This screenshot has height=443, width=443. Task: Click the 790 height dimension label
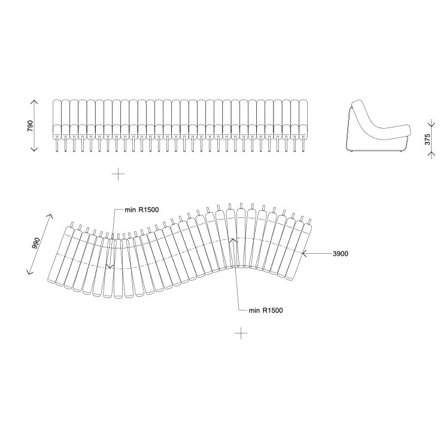tap(31, 126)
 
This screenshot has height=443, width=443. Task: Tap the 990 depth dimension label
tap(36, 244)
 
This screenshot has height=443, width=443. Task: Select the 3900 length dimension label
tap(340, 254)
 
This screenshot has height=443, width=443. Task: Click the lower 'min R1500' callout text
tap(266, 310)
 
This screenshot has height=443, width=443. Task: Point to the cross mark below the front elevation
tap(119, 174)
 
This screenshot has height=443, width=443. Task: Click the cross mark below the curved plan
tap(241, 333)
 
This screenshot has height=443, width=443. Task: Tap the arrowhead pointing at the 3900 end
tap(304, 254)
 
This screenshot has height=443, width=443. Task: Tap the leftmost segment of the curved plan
tap(59, 254)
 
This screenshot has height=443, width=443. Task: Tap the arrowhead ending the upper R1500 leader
tap(109, 266)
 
